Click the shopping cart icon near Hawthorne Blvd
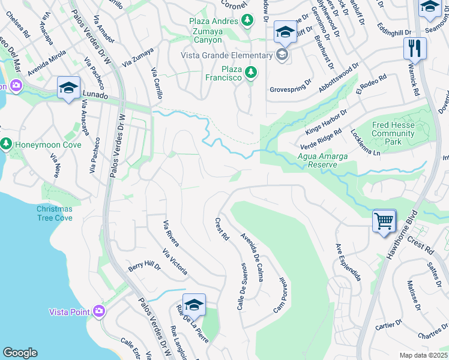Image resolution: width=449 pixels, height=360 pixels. coord(384,220)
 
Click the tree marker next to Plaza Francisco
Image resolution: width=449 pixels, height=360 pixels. coord(252,73)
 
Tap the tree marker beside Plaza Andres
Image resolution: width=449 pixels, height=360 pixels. coord(247,21)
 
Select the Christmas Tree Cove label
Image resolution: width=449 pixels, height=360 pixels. coord(54,213)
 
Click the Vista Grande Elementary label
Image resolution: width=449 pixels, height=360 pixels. coord(227,56)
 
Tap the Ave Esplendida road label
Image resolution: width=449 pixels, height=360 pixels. coord(348,262)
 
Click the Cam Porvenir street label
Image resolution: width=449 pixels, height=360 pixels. coord(279,295)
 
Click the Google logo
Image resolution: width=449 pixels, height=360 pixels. coord(19,353)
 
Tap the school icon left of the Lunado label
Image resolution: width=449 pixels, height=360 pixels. coord(68,88)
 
